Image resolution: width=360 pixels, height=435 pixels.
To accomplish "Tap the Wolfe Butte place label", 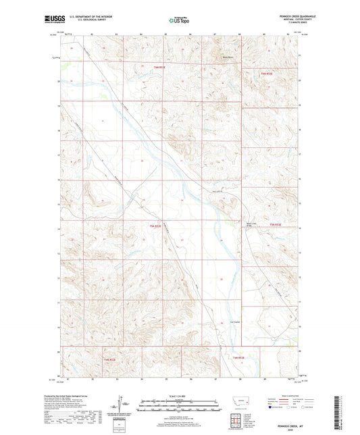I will point(228,58).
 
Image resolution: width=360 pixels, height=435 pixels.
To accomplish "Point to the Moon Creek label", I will point(251,226).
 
